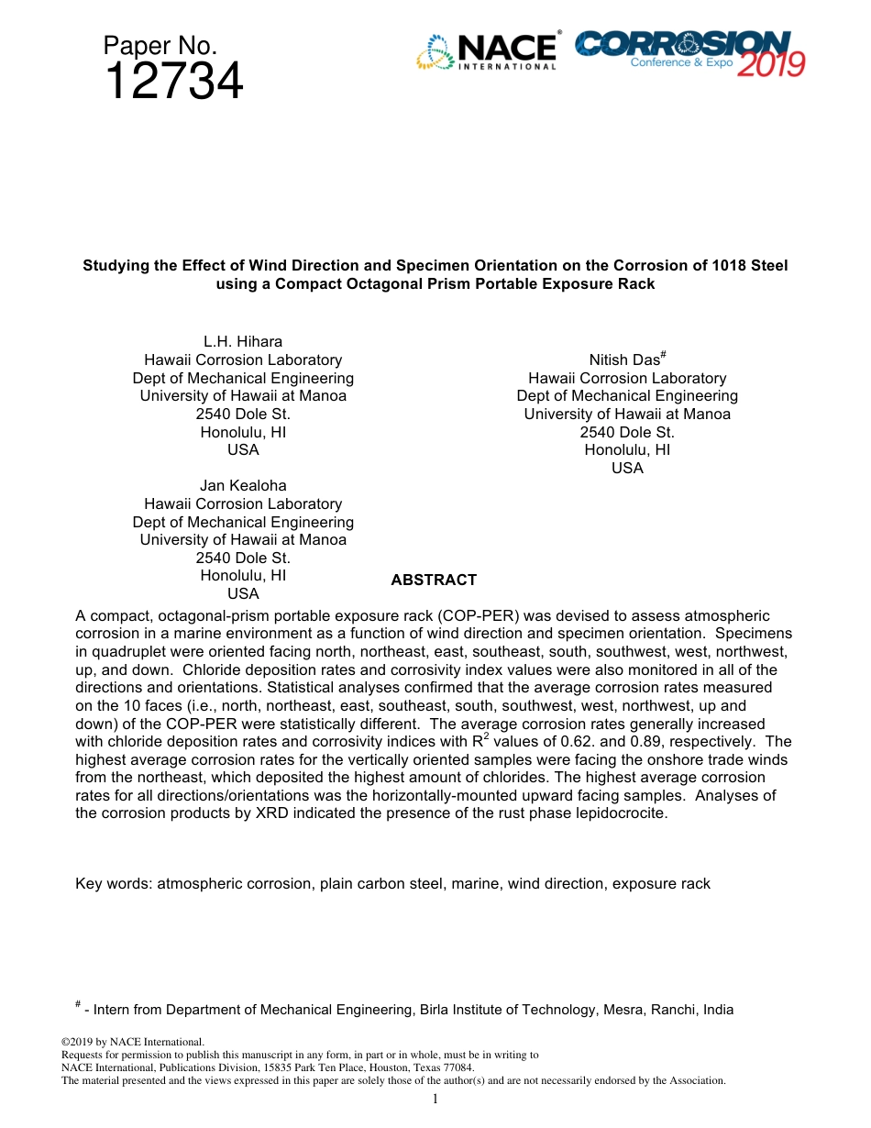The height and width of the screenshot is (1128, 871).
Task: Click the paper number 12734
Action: click(x=173, y=83)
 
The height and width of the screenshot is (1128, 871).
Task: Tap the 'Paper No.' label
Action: click(x=160, y=46)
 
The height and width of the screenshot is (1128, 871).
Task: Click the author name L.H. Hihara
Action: click(x=243, y=342)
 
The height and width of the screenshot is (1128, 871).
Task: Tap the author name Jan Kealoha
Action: click(x=243, y=486)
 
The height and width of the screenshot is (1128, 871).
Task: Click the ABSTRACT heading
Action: click(x=434, y=581)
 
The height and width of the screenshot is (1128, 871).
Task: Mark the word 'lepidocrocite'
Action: click(x=623, y=813)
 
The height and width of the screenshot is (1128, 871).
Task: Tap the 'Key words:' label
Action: click(x=115, y=884)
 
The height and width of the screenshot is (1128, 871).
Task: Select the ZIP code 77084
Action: click(x=458, y=1067)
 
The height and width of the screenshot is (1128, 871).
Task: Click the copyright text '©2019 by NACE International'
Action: click(x=132, y=1042)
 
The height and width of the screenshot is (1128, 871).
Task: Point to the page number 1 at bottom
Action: click(x=435, y=1100)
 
